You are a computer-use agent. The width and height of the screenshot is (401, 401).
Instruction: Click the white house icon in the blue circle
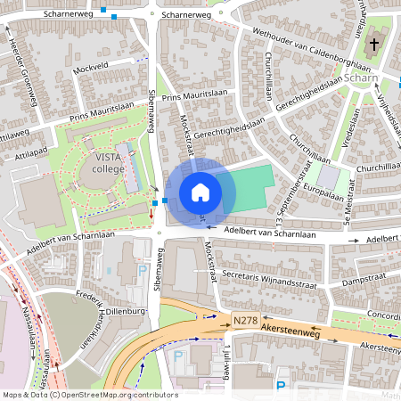[x=200, y=192]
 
